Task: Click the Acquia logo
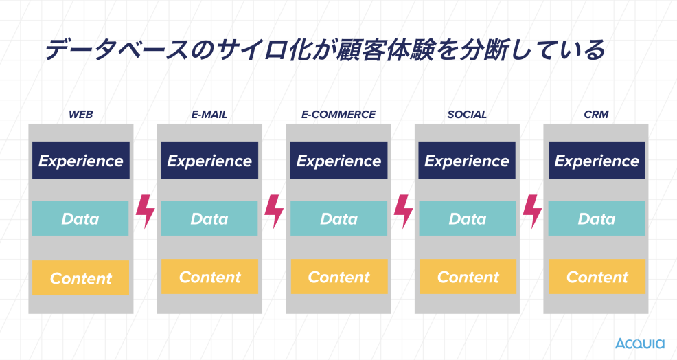(x=639, y=344)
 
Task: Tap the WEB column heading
(x=81, y=115)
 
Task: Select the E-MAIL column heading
(x=209, y=115)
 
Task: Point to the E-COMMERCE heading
(x=338, y=115)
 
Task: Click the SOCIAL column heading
(x=467, y=115)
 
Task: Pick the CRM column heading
(x=596, y=115)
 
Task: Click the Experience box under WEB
(x=81, y=160)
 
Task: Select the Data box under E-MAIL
(x=209, y=218)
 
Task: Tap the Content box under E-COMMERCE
(x=339, y=277)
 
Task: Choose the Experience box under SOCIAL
(x=467, y=160)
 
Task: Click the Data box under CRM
(x=597, y=218)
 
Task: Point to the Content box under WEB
(x=81, y=278)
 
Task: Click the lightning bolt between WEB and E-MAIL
(x=146, y=212)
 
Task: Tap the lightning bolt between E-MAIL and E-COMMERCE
(x=274, y=212)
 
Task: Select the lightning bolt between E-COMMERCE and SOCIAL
(x=403, y=212)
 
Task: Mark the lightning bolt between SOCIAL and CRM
(x=532, y=212)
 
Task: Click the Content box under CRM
(x=597, y=277)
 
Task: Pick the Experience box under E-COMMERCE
(x=339, y=160)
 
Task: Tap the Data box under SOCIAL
(x=468, y=218)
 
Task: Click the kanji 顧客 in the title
(x=371, y=49)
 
